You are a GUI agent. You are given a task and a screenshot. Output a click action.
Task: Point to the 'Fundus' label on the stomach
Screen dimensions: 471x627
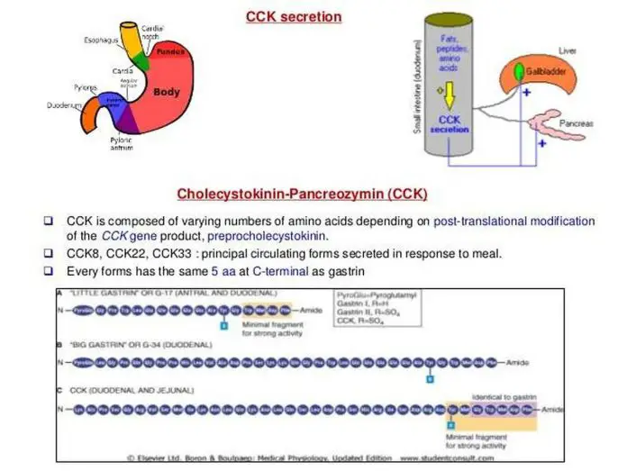171,52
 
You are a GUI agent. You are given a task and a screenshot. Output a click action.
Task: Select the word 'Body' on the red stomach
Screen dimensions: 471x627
167,92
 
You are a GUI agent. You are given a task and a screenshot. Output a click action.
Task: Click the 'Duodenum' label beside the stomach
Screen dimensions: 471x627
65,105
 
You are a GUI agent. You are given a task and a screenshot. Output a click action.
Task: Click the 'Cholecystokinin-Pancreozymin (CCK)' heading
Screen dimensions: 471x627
302,194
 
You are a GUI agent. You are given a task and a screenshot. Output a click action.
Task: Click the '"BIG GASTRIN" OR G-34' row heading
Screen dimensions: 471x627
126,343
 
